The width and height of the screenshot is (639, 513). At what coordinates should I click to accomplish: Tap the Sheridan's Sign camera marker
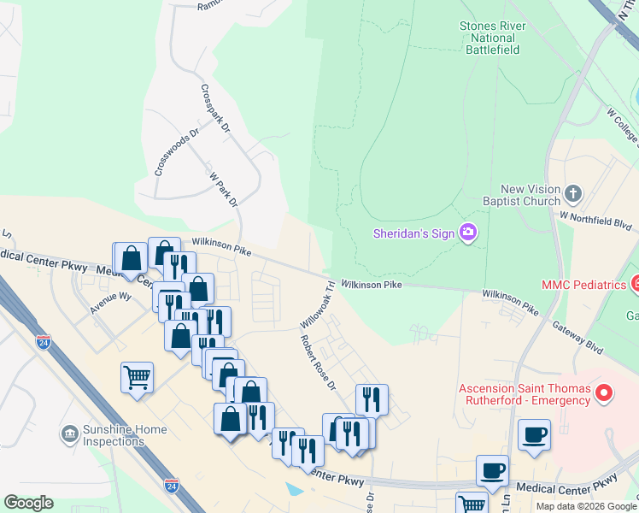[467, 233]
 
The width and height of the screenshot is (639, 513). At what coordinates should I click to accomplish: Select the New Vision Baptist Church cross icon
[573, 194]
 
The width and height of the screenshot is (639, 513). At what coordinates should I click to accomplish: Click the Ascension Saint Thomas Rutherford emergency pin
[605, 393]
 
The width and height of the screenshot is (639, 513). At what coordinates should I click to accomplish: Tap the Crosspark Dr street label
[215, 109]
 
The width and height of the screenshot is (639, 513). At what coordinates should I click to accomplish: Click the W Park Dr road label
[222, 188]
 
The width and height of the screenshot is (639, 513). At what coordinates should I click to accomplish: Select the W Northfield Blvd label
[596, 221]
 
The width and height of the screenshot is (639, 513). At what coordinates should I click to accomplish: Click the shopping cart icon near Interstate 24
[138, 377]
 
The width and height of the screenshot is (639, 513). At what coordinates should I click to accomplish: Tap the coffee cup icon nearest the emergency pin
[534, 434]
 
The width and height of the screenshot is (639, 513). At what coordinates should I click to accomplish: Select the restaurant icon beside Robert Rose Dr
[372, 399]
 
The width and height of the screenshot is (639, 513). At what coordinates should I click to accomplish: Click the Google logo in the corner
[28, 504]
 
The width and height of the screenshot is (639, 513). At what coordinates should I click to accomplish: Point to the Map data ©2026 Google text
[585, 506]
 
